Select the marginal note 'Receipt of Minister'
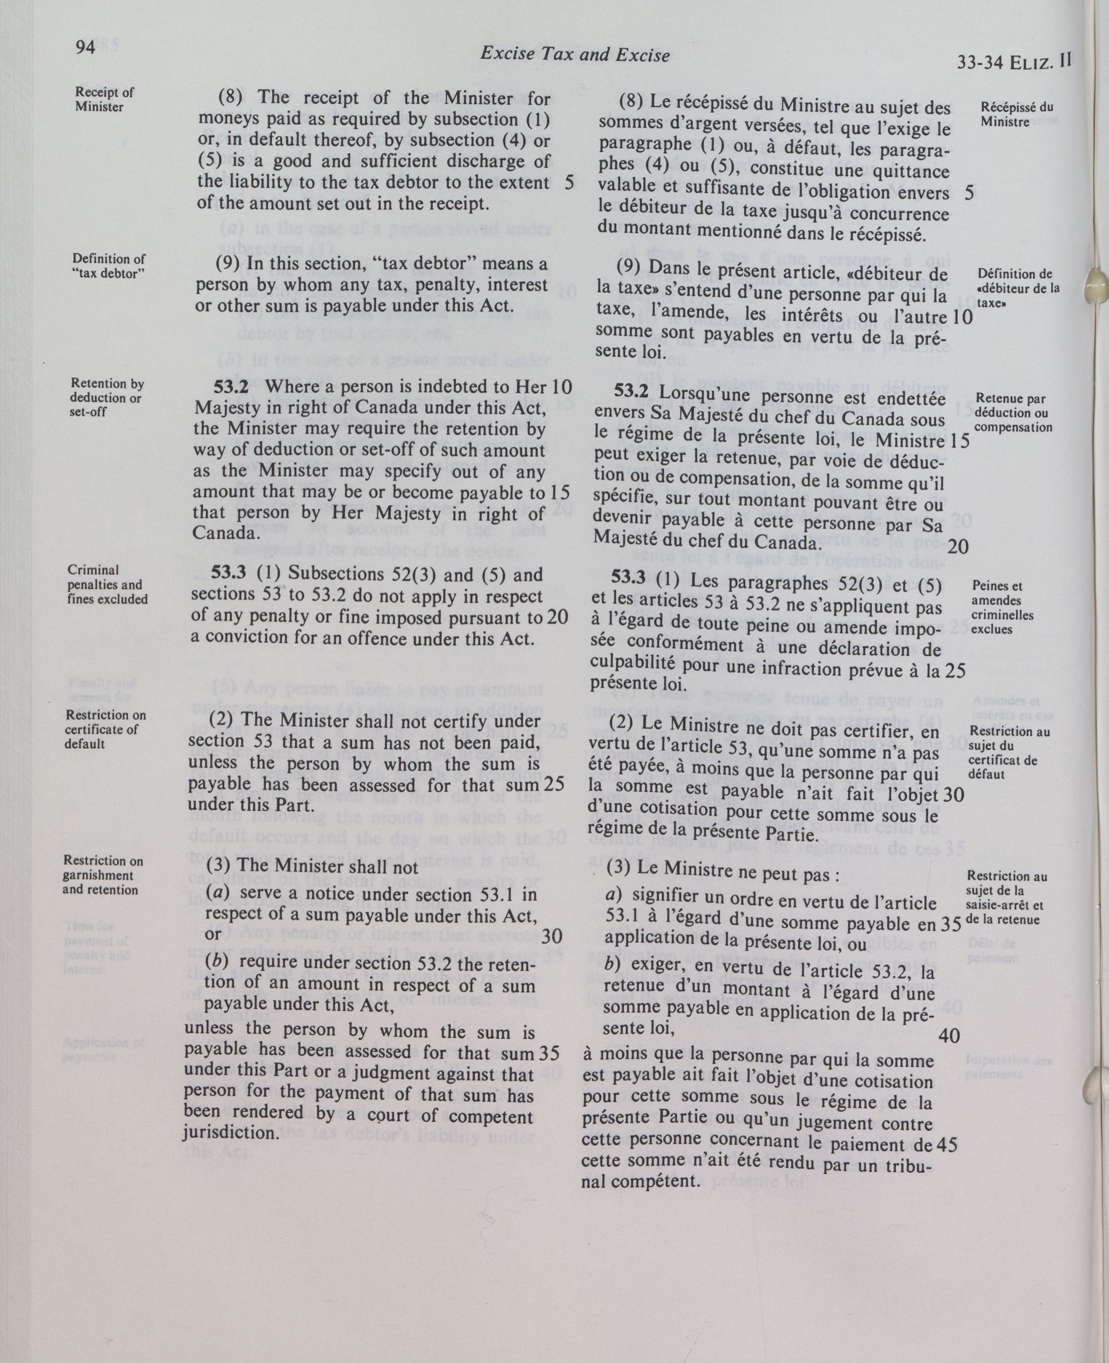pos(104,99)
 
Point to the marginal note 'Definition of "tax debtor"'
pos(108,266)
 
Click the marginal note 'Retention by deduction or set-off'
pos(107,397)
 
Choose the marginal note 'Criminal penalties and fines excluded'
pos(107,584)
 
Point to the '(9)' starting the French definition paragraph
pos(629,267)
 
